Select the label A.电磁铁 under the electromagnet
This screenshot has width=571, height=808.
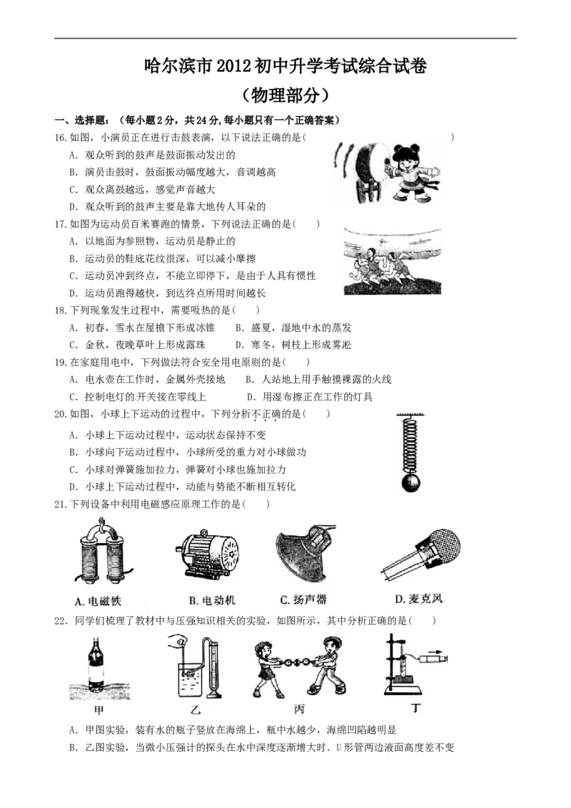(98, 601)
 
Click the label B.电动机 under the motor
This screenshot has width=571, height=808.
(212, 600)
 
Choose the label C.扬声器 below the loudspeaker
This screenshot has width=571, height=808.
(303, 600)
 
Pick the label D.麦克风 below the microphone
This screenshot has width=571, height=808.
(418, 598)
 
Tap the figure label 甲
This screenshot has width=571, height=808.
(99, 710)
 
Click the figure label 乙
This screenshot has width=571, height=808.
(196, 710)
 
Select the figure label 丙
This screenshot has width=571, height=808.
(299, 709)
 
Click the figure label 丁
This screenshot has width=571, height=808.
(416, 708)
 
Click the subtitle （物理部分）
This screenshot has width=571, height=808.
(285, 95)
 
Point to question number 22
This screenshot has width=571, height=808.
(61, 622)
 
